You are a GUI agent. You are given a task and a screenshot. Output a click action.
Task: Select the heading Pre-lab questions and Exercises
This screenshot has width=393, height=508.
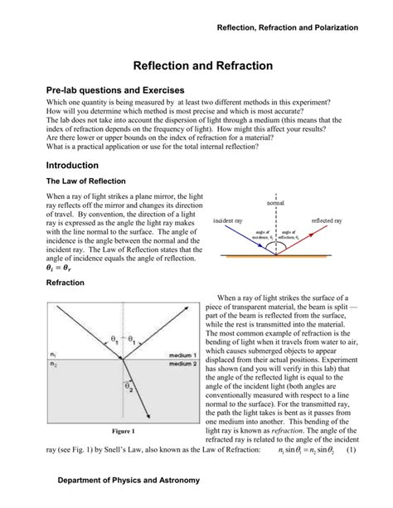(x=115, y=90)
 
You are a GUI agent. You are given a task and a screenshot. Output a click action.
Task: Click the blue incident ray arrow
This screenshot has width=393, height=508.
(x=243, y=239)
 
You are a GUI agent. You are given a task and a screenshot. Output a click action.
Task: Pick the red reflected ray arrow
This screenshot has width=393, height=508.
(x=306, y=239)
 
